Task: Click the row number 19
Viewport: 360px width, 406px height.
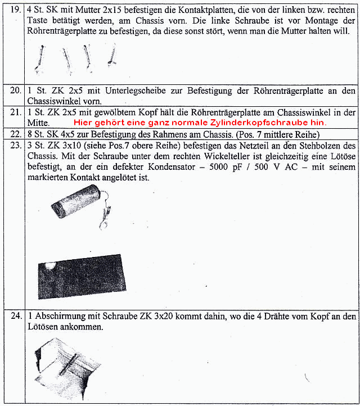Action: [15, 10]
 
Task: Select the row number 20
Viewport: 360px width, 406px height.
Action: [15, 91]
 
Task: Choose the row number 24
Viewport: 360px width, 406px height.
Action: [15, 315]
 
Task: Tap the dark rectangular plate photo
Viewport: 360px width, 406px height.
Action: [82, 279]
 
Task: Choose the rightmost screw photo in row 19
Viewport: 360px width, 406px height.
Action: [112, 55]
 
